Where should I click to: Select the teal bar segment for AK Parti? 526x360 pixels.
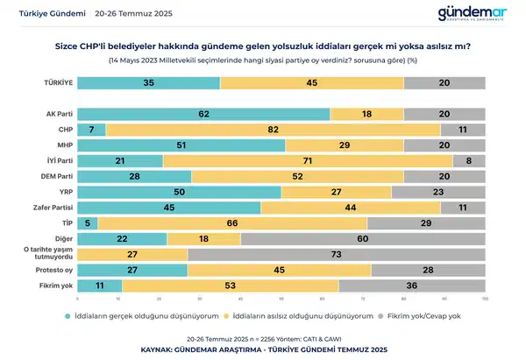203,114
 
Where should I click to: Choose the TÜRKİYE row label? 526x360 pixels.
59,82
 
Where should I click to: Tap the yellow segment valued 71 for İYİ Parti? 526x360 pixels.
308,161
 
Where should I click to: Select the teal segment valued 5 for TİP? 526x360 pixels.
87,223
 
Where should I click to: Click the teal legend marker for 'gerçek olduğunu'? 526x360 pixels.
67,315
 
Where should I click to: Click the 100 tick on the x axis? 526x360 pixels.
485,299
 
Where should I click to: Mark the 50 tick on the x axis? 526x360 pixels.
281,299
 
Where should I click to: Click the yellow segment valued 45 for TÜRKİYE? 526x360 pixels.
312,82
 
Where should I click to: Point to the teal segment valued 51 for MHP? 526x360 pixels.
181,145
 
